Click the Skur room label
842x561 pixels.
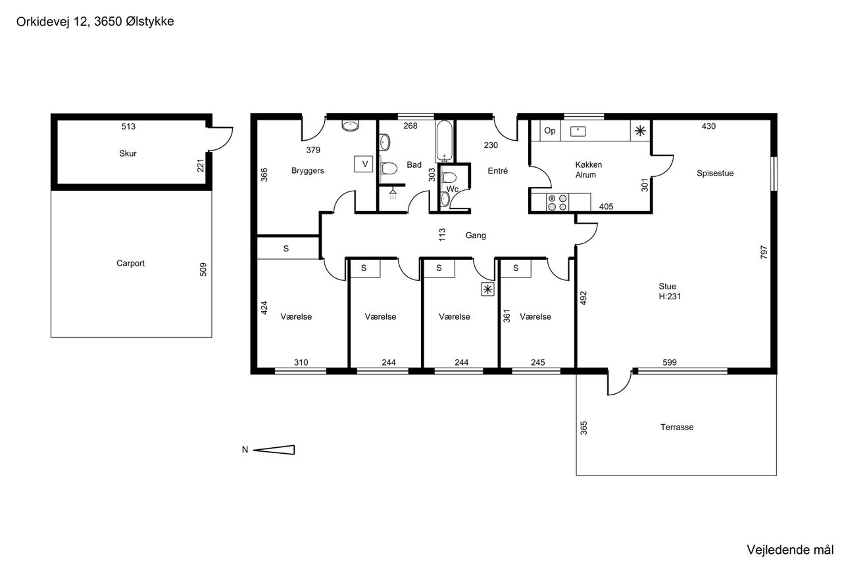(128, 153)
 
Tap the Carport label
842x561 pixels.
(130, 263)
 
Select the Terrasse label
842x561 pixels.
(677, 427)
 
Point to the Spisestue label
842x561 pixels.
(715, 173)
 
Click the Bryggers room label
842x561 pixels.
(307, 170)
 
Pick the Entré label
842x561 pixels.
(498, 170)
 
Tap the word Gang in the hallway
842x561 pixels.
(476, 235)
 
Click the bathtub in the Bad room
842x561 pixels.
(445, 141)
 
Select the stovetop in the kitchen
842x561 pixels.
(557, 202)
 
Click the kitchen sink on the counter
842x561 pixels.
(578, 131)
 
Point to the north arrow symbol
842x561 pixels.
(274, 450)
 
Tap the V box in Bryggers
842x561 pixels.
(364, 164)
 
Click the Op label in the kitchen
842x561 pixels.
(549, 130)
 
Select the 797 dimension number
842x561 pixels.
(764, 252)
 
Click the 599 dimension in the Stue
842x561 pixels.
(670, 362)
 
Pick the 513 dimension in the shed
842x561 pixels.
(128, 126)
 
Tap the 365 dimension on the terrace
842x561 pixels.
(583, 428)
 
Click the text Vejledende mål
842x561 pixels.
(790, 550)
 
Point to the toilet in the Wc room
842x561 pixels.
(449, 177)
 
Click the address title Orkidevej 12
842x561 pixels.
(52, 22)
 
